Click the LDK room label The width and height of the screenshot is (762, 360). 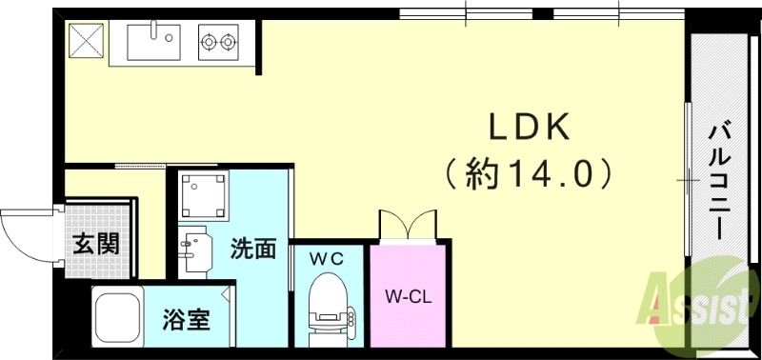pyautogui.click(x=529, y=128)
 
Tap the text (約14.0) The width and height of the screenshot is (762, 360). pyautogui.click(x=528, y=173)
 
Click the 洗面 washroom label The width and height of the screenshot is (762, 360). pyautogui.click(x=253, y=250)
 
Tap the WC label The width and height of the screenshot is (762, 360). pyautogui.click(x=325, y=257)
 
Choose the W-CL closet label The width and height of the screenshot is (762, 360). pyautogui.click(x=409, y=296)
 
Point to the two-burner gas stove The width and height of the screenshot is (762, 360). pyautogui.click(x=218, y=41)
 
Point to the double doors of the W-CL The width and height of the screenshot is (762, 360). pyautogui.click(x=408, y=226)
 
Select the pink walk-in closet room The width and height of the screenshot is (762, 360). pyautogui.click(x=408, y=314)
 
